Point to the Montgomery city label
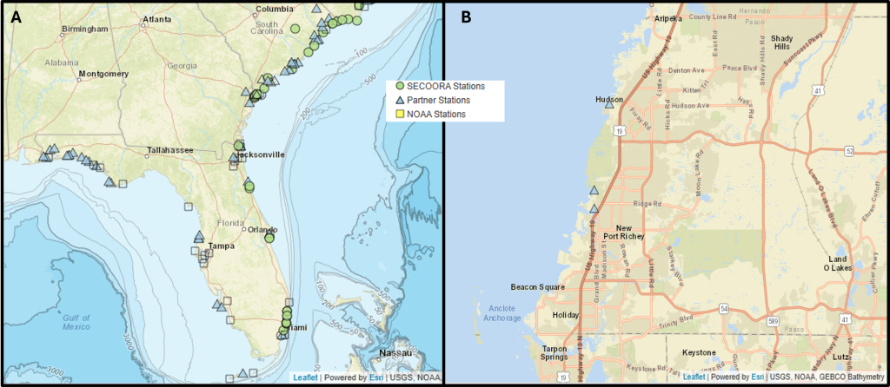tap(103, 74)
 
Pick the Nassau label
tap(396, 353)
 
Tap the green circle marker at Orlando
tap(269, 237)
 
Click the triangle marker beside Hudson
tap(609, 106)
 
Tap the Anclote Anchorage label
tap(503, 313)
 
